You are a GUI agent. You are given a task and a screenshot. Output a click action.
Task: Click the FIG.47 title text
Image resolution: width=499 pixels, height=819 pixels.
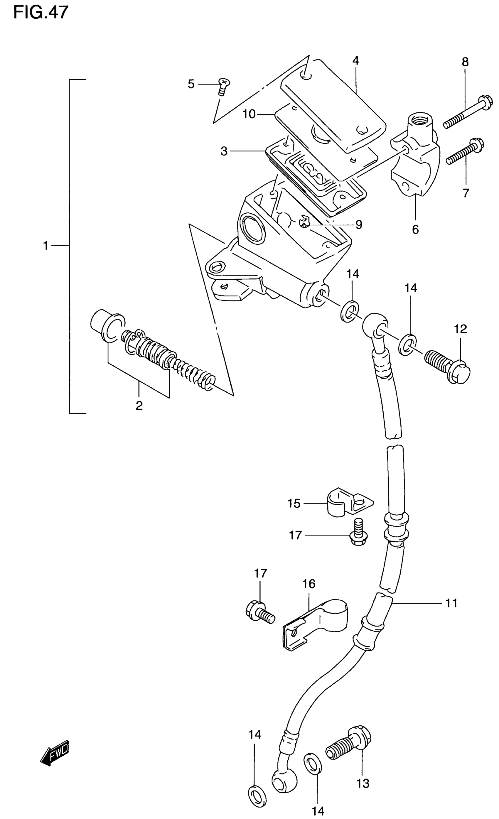[41, 12]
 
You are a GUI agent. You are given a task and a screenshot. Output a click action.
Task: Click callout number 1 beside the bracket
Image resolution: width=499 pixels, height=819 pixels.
[46, 246]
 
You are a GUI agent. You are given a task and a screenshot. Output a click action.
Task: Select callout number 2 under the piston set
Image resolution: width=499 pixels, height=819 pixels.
[139, 406]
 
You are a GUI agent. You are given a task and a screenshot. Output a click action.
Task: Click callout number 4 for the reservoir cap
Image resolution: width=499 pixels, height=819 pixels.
[356, 61]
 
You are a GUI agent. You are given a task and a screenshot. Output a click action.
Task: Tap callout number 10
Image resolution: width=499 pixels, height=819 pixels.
[249, 114]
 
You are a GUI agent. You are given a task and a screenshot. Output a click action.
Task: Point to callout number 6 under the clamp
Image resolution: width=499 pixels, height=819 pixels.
[415, 229]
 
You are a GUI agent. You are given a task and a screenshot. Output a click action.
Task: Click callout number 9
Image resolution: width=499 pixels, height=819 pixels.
[358, 225]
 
